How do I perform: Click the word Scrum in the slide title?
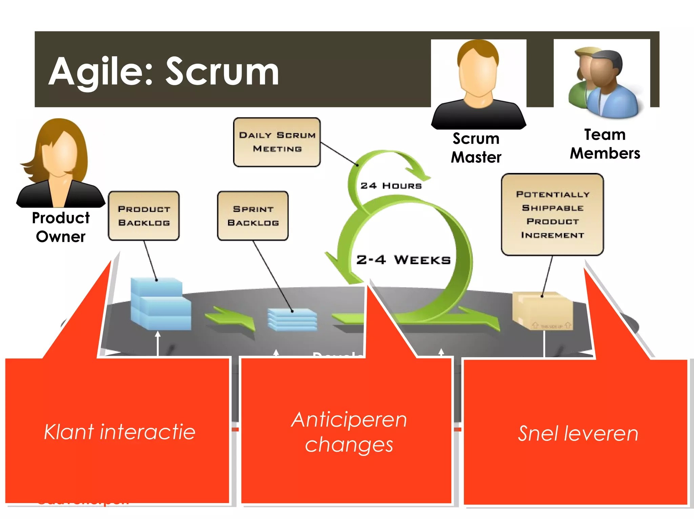(222, 72)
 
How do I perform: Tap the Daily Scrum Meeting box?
(277, 142)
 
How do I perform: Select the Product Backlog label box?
(144, 216)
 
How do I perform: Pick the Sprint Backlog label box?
(253, 216)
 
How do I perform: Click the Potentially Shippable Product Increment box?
(552, 214)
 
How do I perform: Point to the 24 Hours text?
(391, 186)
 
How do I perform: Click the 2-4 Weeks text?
(403, 260)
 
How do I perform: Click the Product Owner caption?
(61, 227)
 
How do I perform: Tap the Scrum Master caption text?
(476, 148)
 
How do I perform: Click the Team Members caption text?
(605, 144)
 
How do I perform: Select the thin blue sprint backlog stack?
(292, 319)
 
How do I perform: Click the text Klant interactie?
(120, 432)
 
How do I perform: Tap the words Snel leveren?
(578, 433)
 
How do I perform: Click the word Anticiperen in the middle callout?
(349, 420)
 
